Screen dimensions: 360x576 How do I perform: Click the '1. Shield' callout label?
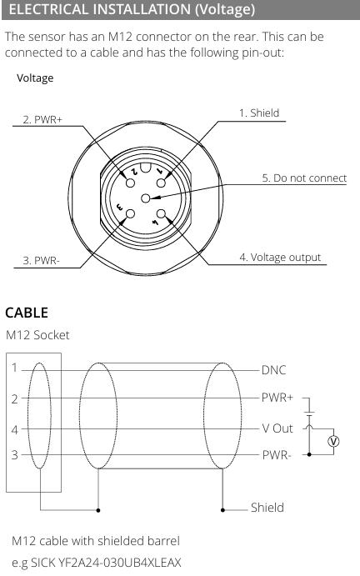click(259, 113)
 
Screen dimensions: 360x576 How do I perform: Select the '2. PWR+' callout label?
click(42, 120)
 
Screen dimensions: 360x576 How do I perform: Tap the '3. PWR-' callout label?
click(41, 260)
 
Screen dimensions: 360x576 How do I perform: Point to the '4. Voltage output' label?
click(280, 257)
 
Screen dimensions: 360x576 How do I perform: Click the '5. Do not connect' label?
click(304, 178)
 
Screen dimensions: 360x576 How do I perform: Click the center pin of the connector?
click(146, 198)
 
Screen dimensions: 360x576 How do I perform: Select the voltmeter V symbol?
click(333, 441)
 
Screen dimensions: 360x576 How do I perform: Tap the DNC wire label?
click(273, 370)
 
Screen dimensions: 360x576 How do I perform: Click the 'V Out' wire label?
click(277, 428)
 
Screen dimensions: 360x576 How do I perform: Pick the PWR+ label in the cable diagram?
click(277, 398)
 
